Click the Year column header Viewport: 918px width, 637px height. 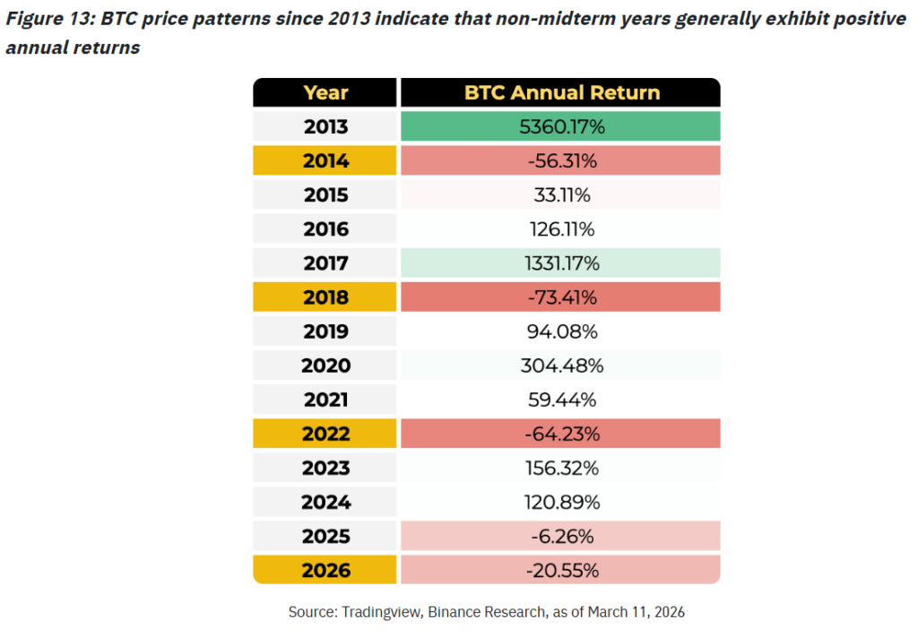coord(325,93)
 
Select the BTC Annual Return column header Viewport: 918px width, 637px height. coord(561,93)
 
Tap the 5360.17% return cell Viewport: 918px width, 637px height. coord(561,127)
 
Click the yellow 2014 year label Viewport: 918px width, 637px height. coord(325,161)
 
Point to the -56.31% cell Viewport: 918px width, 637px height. coord(561,161)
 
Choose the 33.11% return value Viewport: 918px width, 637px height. coord(561,195)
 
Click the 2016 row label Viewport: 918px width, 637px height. coord(325,229)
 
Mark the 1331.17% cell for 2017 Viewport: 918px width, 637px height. coord(561,263)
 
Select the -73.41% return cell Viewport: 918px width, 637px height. coord(561,297)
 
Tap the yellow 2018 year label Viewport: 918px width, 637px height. coord(325,297)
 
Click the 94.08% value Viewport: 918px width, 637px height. coord(561,331)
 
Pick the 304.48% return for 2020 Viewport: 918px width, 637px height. coord(561,366)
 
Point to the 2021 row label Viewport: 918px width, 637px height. coord(325,400)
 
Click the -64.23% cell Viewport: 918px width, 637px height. coord(561,434)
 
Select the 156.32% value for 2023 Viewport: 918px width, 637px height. coord(561,468)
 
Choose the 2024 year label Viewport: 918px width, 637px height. coord(325,502)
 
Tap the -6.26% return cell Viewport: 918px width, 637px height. coord(561,536)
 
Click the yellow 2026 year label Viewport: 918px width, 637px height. coord(325,570)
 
